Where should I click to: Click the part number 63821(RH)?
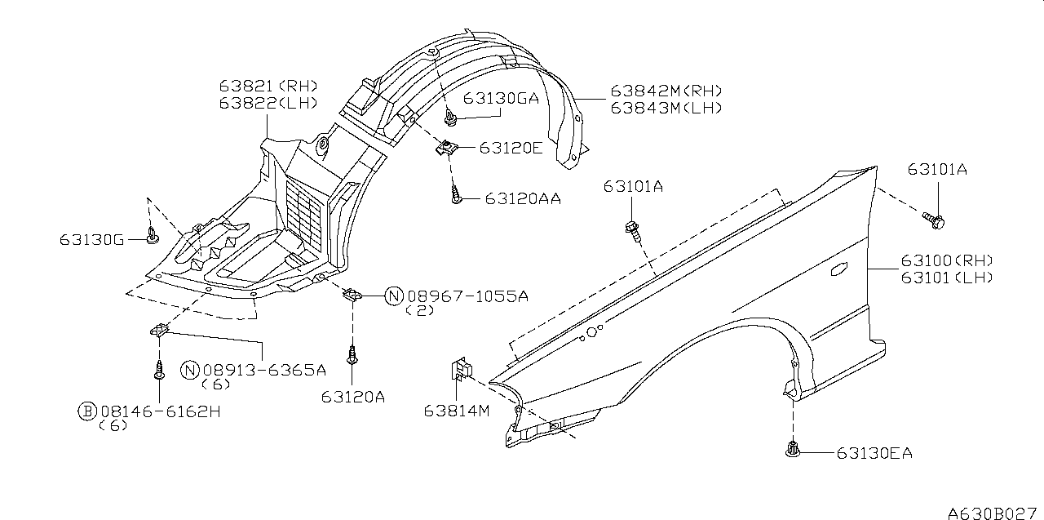click(268, 86)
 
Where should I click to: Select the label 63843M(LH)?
click(666, 109)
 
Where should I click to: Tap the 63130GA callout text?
click(501, 99)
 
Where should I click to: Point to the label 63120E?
click(511, 148)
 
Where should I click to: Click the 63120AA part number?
click(523, 198)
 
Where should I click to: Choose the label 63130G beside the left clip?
click(92, 240)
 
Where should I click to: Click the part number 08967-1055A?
click(468, 296)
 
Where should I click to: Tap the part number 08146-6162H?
click(161, 411)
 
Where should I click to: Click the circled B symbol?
click(87, 411)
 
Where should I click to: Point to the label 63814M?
click(457, 411)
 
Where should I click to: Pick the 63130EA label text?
click(874, 453)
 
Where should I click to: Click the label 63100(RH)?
click(947, 260)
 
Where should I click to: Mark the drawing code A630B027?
click(993, 513)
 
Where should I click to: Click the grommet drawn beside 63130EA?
click(792, 449)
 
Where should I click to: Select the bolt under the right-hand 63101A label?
click(934, 220)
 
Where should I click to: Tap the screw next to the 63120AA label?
click(456, 195)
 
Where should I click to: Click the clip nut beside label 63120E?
click(446, 149)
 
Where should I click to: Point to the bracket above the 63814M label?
click(462, 369)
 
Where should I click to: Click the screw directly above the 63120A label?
click(352, 355)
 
